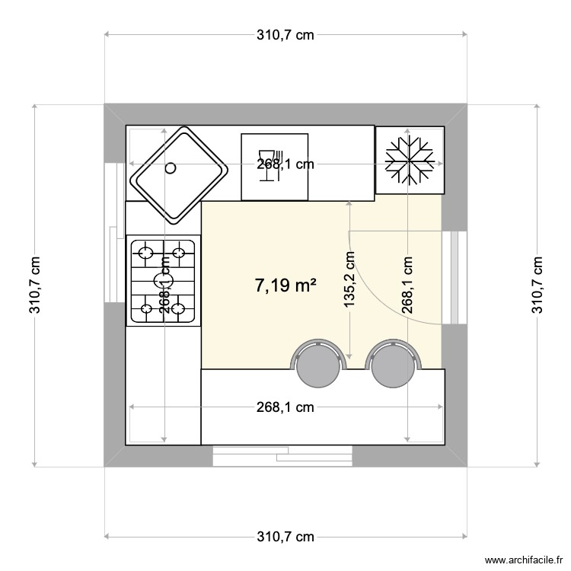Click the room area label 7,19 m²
coord(285,285)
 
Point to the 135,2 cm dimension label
coord(349,279)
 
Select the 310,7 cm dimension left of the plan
coord(34,285)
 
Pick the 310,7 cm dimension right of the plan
coord(538,285)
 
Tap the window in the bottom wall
coord(282,456)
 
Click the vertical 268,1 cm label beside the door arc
coord(408,284)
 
